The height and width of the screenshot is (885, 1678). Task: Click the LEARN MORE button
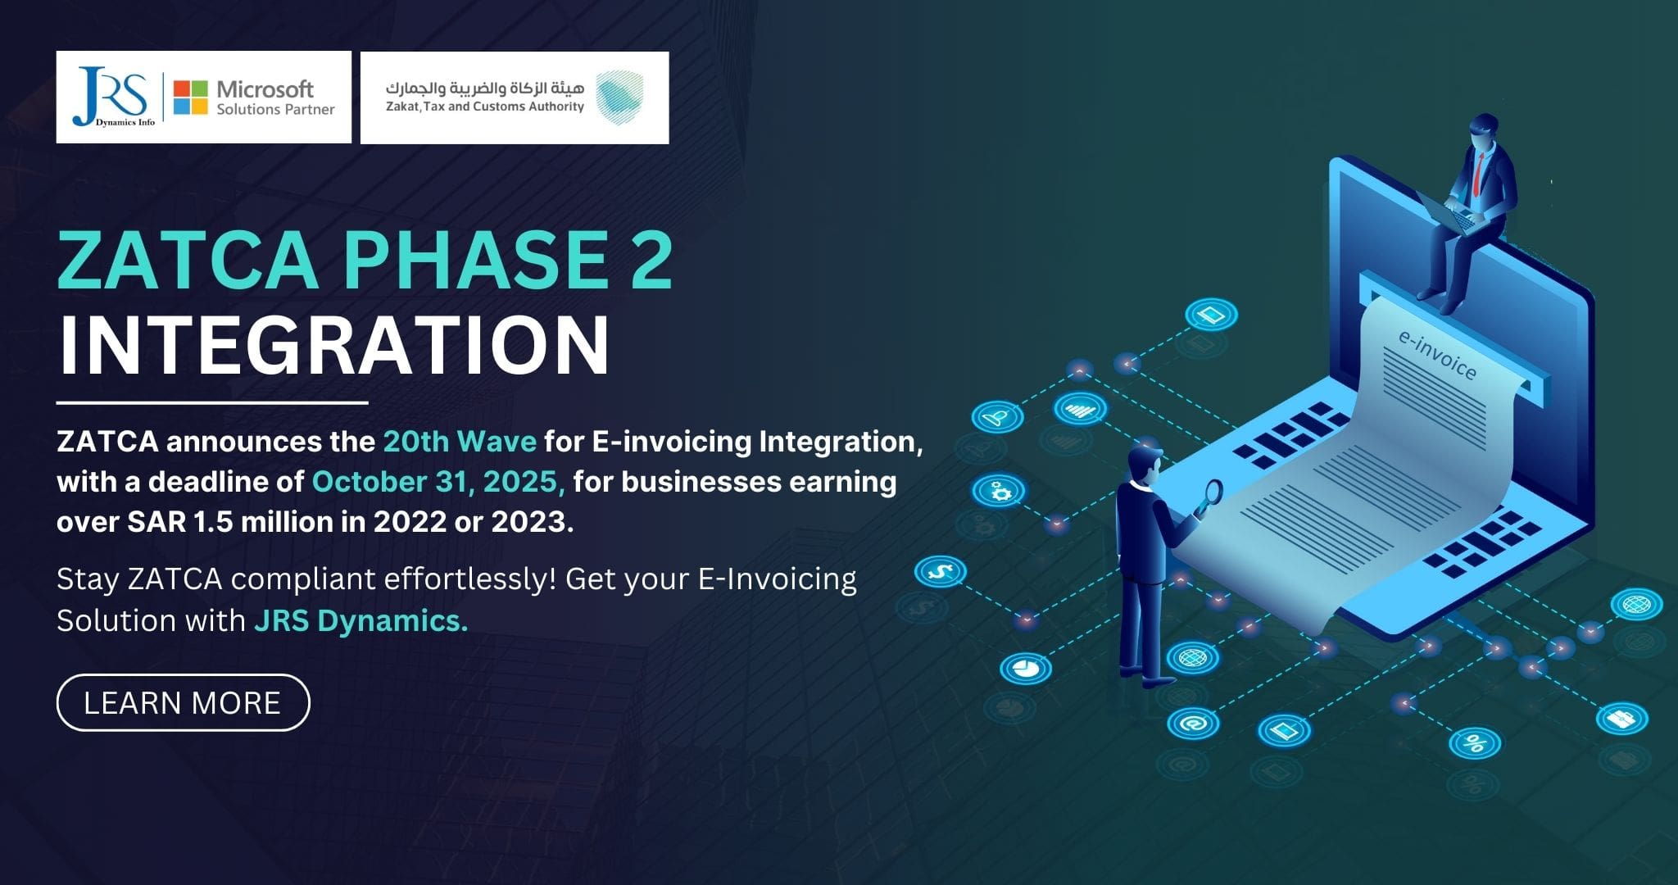[x=183, y=702]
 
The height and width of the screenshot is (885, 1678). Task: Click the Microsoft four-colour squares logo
[x=191, y=98]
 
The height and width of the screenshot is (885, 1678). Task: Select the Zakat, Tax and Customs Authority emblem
[x=619, y=98]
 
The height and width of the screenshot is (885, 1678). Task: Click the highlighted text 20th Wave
[x=460, y=442]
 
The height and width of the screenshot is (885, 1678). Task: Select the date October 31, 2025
[x=438, y=482]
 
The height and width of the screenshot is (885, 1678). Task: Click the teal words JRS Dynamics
[x=361, y=621]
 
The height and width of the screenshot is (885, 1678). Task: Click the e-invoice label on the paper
[x=1437, y=354]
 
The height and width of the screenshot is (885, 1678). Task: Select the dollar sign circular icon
[x=941, y=571]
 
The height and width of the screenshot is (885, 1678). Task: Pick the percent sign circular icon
[x=1475, y=743]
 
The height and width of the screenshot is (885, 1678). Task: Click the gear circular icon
[x=998, y=492]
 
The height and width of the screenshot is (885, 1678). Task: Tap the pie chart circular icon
[x=1025, y=668]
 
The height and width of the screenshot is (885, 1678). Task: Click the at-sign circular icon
[x=1193, y=724]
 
